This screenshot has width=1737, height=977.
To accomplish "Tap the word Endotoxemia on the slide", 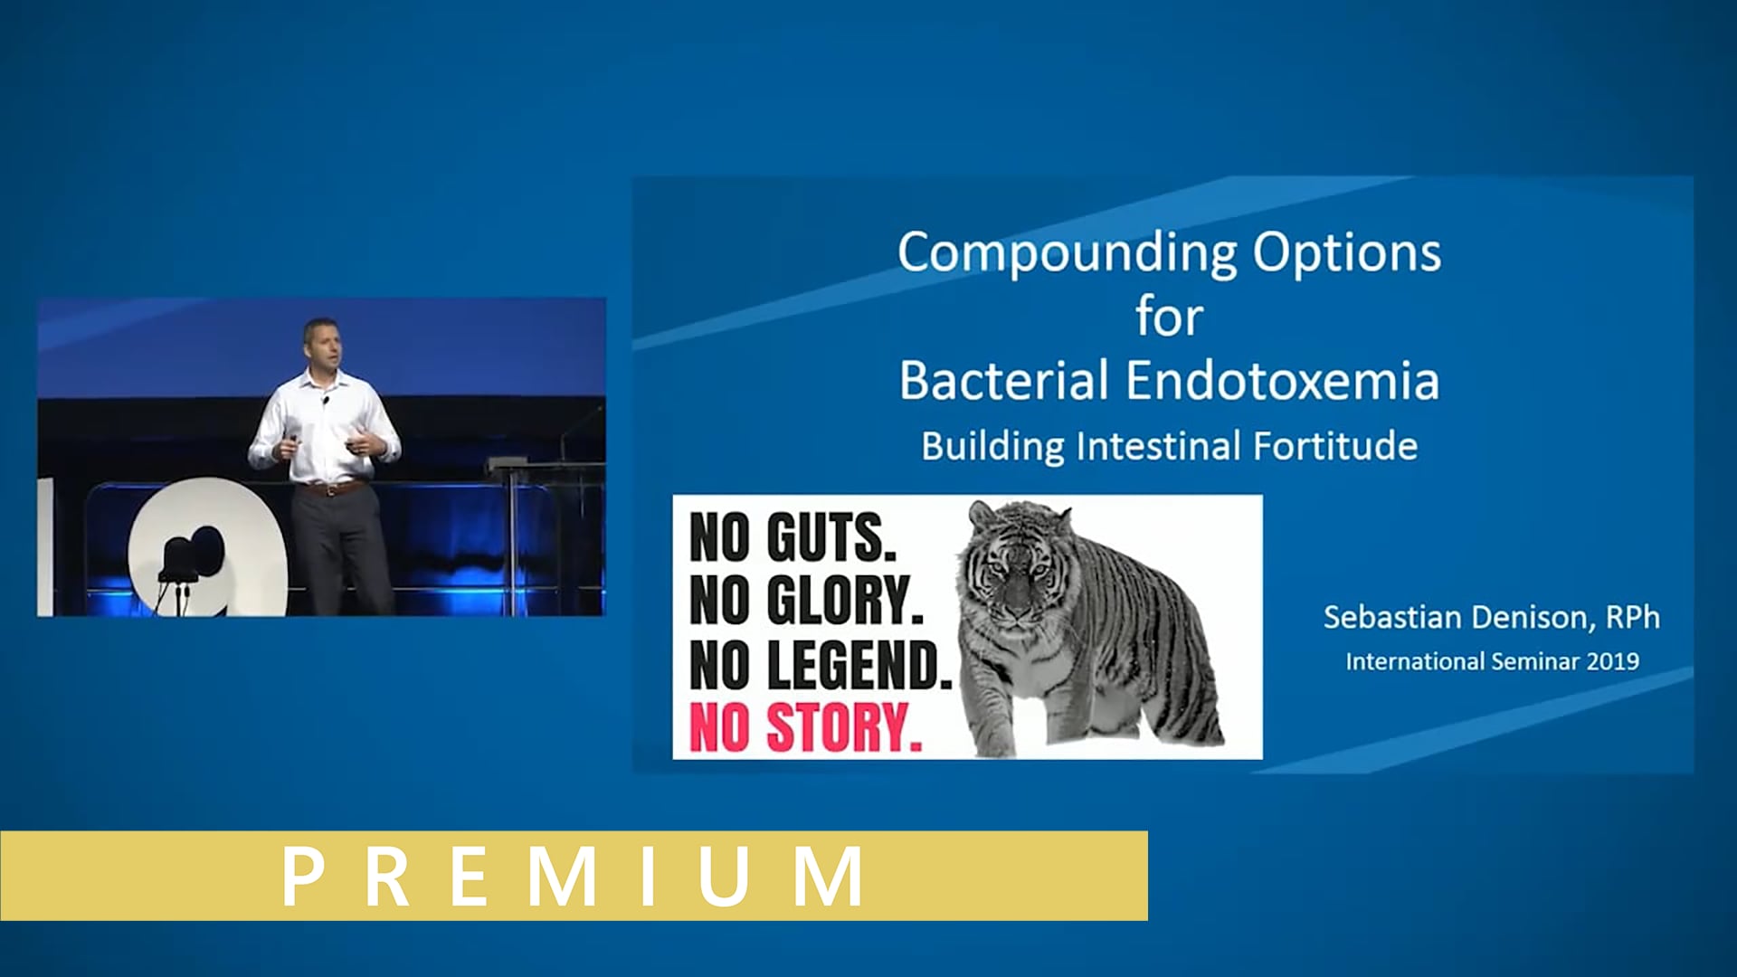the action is coord(1283,380).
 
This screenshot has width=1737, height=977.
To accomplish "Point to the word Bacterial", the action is coord(1004,380).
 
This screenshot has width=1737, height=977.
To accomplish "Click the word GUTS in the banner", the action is coord(831,537).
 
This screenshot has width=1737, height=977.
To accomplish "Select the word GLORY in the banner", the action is coord(845,601).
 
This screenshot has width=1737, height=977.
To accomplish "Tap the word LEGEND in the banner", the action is coord(859,665).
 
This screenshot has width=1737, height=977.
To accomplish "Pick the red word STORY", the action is coord(844,728).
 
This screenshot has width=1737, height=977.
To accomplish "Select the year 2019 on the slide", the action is coord(1613,661).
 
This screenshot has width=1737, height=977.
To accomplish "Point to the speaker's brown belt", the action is coord(331,488).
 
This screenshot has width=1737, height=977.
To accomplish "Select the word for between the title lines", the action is coord(1169,317).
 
